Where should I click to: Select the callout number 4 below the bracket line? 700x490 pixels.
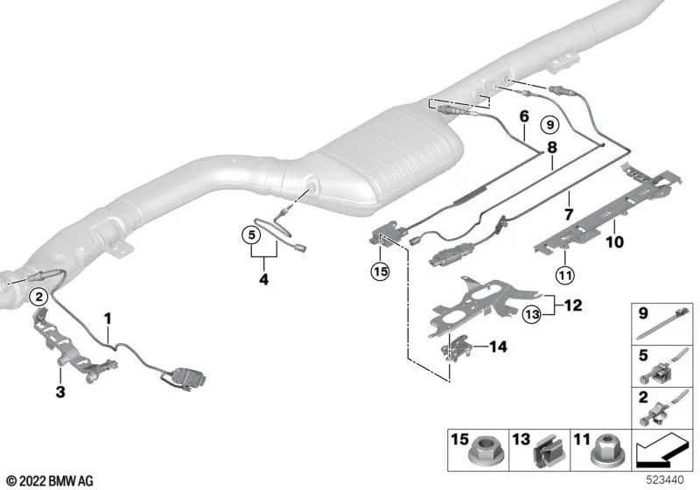pyautogui.click(x=262, y=282)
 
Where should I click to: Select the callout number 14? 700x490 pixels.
pyautogui.click(x=497, y=346)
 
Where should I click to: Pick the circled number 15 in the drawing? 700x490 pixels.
pyautogui.click(x=379, y=272)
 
